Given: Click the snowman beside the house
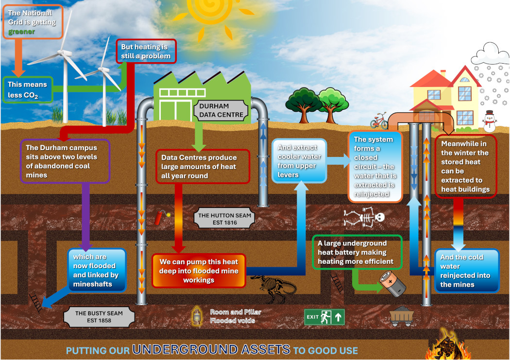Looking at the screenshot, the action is tap(489, 120).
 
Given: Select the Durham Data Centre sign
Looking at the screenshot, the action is tap(221, 111).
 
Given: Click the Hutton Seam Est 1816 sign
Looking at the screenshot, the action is tap(224, 219).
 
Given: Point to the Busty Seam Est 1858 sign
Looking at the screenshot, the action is tap(99, 317).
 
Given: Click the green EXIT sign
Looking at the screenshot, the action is tap(324, 317).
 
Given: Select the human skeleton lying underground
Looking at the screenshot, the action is tap(364, 217).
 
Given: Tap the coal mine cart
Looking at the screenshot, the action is tap(402, 316).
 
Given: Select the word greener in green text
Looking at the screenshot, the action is tap(21, 32).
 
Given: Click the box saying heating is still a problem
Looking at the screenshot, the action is tap(146, 51).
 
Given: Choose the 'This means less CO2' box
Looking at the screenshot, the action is tap(27, 90).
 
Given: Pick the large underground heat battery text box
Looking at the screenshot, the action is tap(357, 252).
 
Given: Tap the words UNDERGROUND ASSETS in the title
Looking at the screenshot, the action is tap(211, 350).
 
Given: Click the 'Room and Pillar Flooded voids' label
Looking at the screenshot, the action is tap(236, 316).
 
